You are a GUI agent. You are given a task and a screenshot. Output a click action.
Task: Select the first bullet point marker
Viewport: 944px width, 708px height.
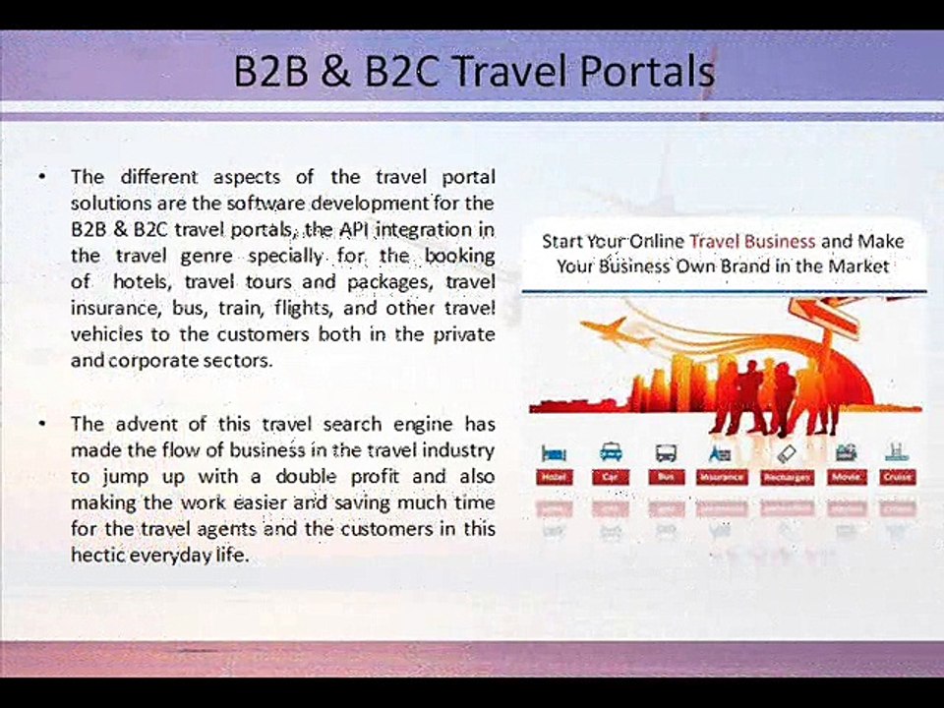click(43, 177)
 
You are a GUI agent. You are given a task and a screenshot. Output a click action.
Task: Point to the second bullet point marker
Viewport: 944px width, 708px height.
click(43, 425)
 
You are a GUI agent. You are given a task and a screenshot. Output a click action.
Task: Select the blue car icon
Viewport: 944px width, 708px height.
click(611, 453)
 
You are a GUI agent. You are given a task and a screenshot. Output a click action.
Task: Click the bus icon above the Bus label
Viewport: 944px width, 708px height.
click(667, 453)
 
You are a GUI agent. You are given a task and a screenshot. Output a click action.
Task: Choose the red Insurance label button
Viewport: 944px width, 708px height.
click(722, 477)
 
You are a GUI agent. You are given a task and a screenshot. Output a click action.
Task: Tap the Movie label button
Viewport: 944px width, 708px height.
click(846, 477)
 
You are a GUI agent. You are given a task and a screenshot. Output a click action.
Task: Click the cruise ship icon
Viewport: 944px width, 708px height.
click(896, 452)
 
